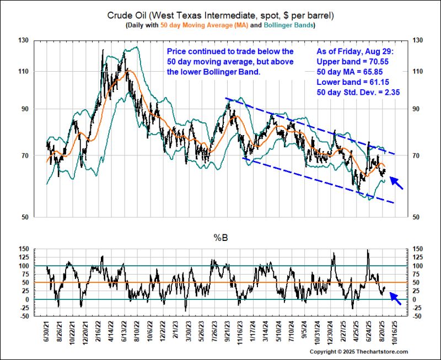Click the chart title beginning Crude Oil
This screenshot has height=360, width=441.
tap(221, 15)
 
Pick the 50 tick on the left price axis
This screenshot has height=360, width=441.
tap(25, 217)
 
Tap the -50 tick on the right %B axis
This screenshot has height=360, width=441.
tap(417, 316)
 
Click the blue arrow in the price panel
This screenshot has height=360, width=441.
tap(397, 182)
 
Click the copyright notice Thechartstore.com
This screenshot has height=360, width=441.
tap(358, 352)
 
